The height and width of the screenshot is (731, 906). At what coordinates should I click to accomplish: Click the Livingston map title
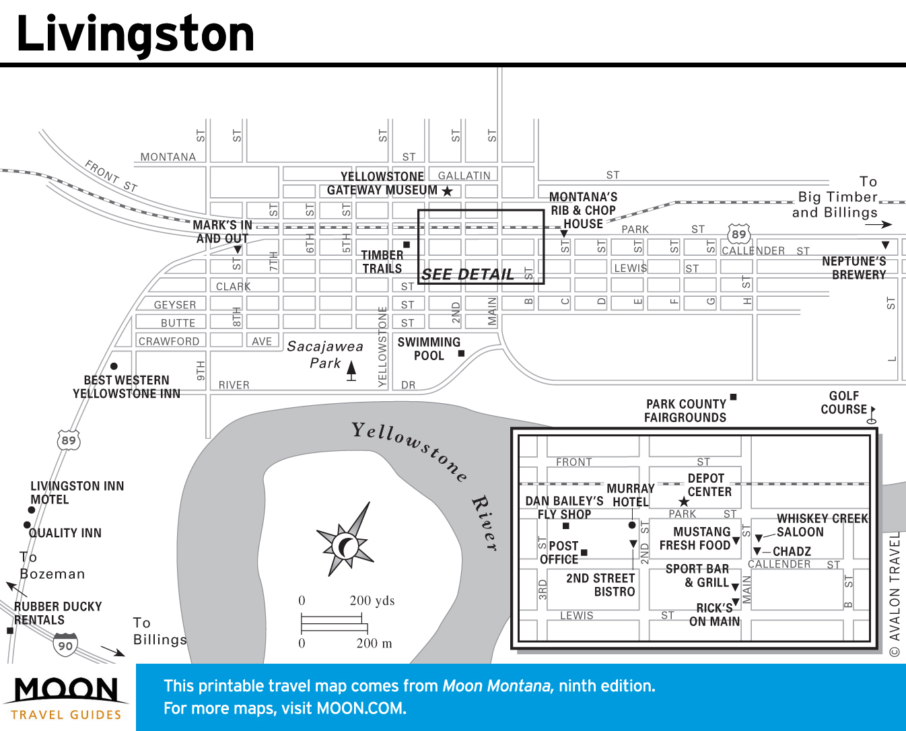pyautogui.click(x=135, y=34)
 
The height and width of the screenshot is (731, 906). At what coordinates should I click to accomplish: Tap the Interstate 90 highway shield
pyautogui.click(x=65, y=645)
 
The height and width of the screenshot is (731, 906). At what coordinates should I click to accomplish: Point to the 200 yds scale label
pyautogui.click(x=372, y=600)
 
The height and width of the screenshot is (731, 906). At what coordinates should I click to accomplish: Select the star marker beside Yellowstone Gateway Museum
pyautogui.click(x=447, y=191)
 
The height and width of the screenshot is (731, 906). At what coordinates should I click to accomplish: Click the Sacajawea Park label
pyautogui.click(x=325, y=354)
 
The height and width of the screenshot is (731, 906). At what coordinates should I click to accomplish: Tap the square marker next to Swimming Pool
pyautogui.click(x=461, y=353)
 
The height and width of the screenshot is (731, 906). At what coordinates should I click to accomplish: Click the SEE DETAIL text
pyautogui.click(x=467, y=274)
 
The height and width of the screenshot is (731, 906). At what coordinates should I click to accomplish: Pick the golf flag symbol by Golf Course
pyautogui.click(x=872, y=413)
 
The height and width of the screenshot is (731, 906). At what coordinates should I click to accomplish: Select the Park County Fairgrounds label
pyautogui.click(x=685, y=411)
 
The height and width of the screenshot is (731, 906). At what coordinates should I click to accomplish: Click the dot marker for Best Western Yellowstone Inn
pyautogui.click(x=114, y=366)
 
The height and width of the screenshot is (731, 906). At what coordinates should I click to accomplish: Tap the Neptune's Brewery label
pyautogui.click(x=853, y=268)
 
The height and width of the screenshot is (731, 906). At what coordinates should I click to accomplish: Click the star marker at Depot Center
pyautogui.click(x=684, y=501)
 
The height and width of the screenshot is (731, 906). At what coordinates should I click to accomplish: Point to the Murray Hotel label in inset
pyautogui.click(x=631, y=495)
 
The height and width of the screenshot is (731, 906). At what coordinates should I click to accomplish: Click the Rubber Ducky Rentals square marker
pyautogui.click(x=10, y=631)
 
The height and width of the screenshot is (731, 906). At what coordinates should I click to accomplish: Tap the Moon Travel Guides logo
pyautogui.click(x=66, y=699)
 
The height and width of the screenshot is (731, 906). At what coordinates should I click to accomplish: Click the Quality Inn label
pyautogui.click(x=65, y=533)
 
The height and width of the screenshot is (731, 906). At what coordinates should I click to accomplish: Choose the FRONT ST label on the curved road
pyautogui.click(x=111, y=176)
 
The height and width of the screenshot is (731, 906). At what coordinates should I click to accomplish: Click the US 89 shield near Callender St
pyautogui.click(x=738, y=234)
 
